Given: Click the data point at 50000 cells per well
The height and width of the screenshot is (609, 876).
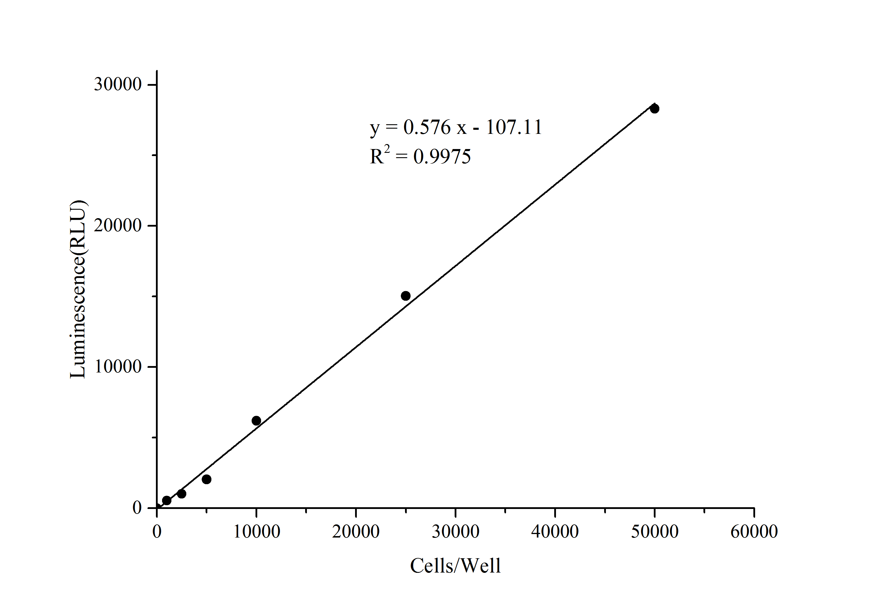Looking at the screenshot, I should coord(654,108).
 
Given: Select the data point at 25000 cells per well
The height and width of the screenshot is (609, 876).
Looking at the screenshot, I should coord(406,296).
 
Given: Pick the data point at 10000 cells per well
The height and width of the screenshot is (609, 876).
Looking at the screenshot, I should coord(256,421).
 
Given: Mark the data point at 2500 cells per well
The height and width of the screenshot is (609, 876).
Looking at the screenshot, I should coord(182,494).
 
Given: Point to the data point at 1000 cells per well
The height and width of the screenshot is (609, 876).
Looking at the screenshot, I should coord(167,501).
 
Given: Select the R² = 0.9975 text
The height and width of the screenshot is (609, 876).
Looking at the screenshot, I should coord(420,156).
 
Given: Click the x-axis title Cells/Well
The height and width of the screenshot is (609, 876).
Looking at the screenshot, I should coord(455,566).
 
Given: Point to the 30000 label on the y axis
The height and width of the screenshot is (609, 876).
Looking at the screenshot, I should coord(118,84).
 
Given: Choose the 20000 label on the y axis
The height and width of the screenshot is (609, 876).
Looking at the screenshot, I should coord(118,226).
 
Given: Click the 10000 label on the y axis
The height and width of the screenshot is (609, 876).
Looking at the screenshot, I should coord(118,367).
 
